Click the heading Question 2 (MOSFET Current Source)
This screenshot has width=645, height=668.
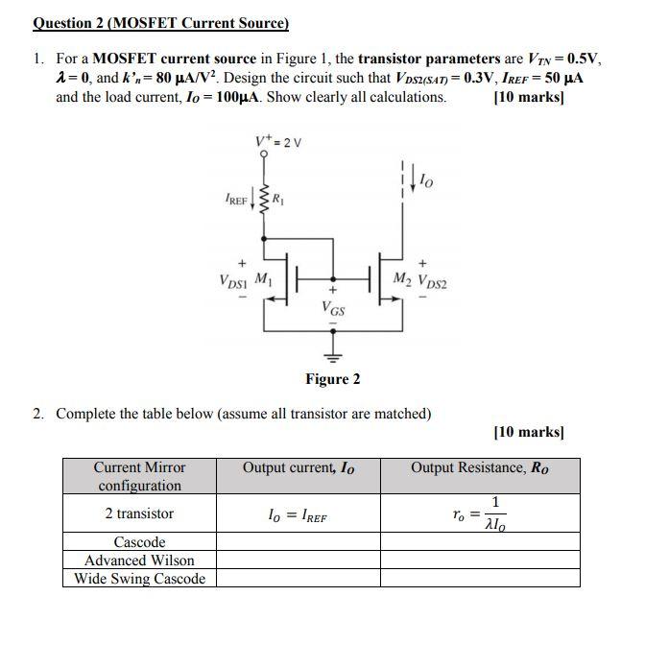tap(160, 22)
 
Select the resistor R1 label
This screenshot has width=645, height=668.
tap(279, 201)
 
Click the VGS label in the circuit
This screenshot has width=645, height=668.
tap(334, 309)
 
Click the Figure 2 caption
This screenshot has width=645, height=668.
tap(333, 379)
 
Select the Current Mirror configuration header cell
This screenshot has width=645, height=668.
tap(140, 476)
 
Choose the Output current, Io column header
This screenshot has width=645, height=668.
tap(298, 468)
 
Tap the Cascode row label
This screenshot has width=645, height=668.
tap(140, 542)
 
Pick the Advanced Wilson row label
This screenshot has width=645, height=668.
tap(140, 561)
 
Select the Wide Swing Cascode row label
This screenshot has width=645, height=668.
tap(140, 579)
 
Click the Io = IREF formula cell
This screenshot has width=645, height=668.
tap(298, 515)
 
